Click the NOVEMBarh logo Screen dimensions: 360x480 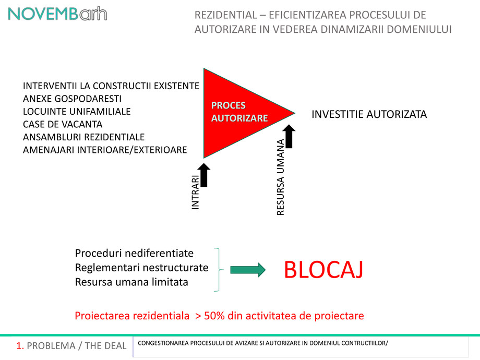click(x=57, y=14)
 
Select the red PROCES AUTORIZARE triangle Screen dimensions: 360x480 click(x=235, y=112)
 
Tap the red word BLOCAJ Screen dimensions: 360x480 click(x=323, y=270)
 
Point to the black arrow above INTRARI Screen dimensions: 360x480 click(x=205, y=175)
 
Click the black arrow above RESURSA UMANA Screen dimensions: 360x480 click(x=290, y=135)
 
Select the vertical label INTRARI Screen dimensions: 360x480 click(x=196, y=193)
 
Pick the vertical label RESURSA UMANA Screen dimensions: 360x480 click(x=280, y=177)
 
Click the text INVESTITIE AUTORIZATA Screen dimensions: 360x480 click(x=369, y=114)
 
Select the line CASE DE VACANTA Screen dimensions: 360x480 click(x=63, y=124)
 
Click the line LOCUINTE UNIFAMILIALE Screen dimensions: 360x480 click(x=77, y=112)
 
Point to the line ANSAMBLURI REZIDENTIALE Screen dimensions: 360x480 click(x=83, y=137)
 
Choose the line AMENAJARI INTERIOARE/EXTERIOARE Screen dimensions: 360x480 click(x=105, y=150)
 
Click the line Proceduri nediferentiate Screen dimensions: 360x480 click(x=134, y=254)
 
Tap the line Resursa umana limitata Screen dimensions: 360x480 click(x=131, y=282)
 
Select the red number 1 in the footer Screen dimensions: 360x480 click(x=19, y=345)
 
